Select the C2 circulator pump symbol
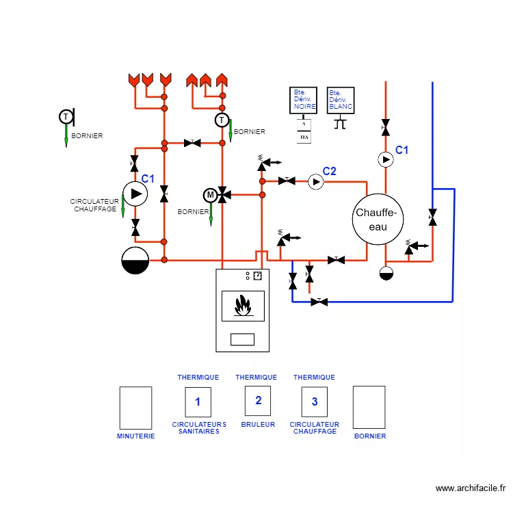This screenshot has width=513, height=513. pos(315,181)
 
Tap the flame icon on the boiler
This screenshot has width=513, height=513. pos(242,306)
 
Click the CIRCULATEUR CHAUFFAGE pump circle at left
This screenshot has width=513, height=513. pos(135,194)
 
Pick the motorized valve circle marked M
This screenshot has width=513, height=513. pos(210,196)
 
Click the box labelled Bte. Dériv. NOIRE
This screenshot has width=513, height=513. pos(304,100)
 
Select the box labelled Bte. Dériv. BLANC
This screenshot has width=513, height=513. pos(341,100)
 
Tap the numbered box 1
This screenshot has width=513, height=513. pos(198,402)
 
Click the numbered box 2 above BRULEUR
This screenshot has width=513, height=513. pos(258,401)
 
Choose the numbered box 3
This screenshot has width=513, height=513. pos(315,402)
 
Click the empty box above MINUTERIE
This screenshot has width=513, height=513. pos(135,408)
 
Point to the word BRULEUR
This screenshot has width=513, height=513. pos(258,425)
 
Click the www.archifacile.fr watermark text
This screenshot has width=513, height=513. pos(471,488)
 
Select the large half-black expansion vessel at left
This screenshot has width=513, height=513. pos(135,260)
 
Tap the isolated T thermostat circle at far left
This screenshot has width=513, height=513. pos(65,117)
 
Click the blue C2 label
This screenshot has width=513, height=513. pos(330,171)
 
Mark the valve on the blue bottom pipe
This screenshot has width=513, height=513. pos(319,302)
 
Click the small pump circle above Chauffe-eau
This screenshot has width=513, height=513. pos(386,159)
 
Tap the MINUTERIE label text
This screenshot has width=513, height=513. pos(135,436)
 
